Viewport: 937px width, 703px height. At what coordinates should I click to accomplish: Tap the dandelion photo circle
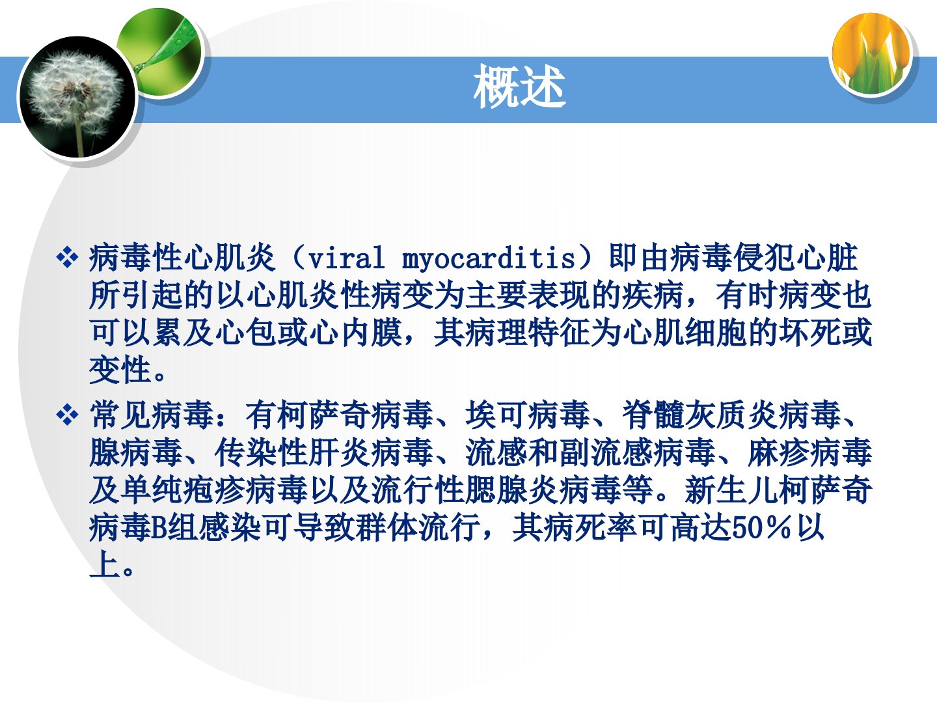point(77,96)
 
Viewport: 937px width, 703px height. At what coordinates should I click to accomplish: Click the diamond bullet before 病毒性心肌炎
point(67,258)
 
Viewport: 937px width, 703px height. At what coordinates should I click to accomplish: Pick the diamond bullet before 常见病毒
point(67,415)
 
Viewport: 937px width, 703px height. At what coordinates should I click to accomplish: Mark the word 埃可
point(496,415)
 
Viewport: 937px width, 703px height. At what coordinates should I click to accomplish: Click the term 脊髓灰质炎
point(700,415)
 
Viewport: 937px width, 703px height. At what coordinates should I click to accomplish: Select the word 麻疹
point(779,452)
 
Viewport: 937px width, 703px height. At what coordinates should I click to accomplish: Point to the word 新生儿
point(731,490)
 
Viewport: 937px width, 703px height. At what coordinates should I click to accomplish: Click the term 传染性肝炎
point(292,452)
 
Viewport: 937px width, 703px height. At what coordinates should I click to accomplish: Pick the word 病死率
point(559,529)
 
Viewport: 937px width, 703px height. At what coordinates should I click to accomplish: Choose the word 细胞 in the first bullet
point(716,333)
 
